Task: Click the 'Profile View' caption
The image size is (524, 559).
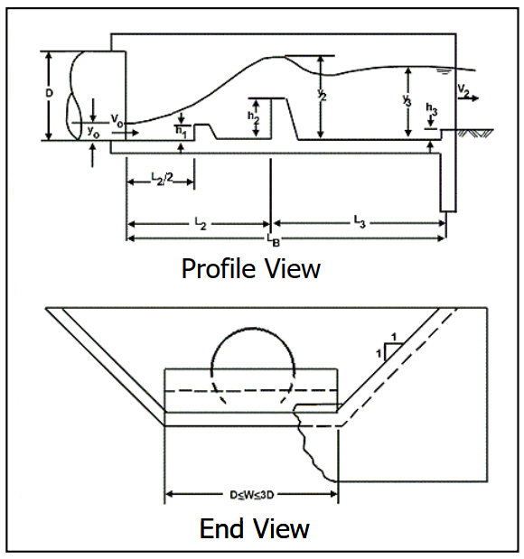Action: point(251,268)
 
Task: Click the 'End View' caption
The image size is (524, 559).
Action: point(255,528)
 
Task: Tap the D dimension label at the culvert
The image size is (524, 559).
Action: point(49,93)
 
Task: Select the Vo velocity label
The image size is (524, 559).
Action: point(117,120)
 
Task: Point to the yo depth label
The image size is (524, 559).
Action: point(93,132)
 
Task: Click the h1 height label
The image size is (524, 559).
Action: point(182,132)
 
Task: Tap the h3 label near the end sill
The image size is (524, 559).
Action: point(431,108)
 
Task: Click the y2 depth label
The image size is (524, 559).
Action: point(322,95)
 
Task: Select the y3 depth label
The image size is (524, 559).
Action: point(407,100)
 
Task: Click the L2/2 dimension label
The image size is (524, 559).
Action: point(162,178)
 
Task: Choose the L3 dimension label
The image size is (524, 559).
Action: point(360,221)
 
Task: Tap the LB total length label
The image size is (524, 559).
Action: point(274,240)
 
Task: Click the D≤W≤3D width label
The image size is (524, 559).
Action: point(252,495)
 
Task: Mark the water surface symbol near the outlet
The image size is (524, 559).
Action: point(443,72)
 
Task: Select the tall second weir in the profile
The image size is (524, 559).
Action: point(285,118)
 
